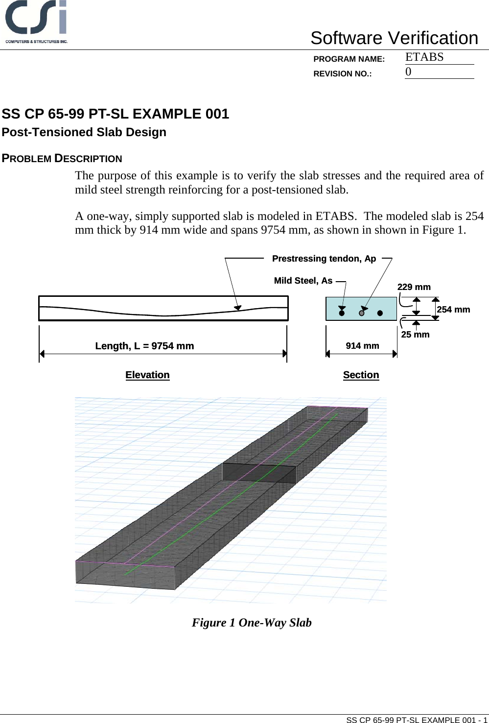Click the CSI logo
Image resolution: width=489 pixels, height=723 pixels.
pyautogui.click(x=36, y=22)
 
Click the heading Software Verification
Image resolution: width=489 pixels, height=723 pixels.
pyautogui.click(x=394, y=38)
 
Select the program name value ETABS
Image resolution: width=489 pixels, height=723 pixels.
pyautogui.click(x=424, y=57)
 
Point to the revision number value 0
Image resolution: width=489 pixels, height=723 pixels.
pyautogui.click(x=408, y=72)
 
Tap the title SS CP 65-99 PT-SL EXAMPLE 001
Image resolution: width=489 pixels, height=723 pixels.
pyautogui.click(x=116, y=114)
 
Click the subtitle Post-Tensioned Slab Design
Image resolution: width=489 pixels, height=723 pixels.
pyautogui.click(x=84, y=132)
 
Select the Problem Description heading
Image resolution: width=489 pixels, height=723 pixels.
pyautogui.click(x=62, y=159)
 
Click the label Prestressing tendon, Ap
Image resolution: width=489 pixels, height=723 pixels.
pyautogui.click(x=324, y=259)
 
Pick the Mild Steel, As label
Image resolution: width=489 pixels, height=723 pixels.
pyautogui.click(x=303, y=281)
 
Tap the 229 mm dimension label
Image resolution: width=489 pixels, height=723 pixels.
pyautogui.click(x=414, y=287)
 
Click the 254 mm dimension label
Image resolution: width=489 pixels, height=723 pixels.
pyautogui.click(x=453, y=310)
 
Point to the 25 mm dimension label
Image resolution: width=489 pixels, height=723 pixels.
pyautogui.click(x=415, y=335)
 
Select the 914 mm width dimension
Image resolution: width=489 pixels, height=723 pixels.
pyautogui.click(x=362, y=346)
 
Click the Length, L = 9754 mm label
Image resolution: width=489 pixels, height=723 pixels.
pyautogui.click(x=144, y=346)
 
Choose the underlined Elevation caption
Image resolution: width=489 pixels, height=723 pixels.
pyautogui.click(x=147, y=375)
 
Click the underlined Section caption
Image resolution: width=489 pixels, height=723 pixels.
pyautogui.click(x=361, y=375)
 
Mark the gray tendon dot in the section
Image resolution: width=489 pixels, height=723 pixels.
pyautogui.click(x=362, y=313)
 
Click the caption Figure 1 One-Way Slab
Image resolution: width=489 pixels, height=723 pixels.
pyautogui.click(x=252, y=623)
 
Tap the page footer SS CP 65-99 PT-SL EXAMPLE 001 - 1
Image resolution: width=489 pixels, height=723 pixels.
pyautogui.click(x=417, y=720)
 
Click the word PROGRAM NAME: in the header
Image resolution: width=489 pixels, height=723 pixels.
pyautogui.click(x=349, y=59)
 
